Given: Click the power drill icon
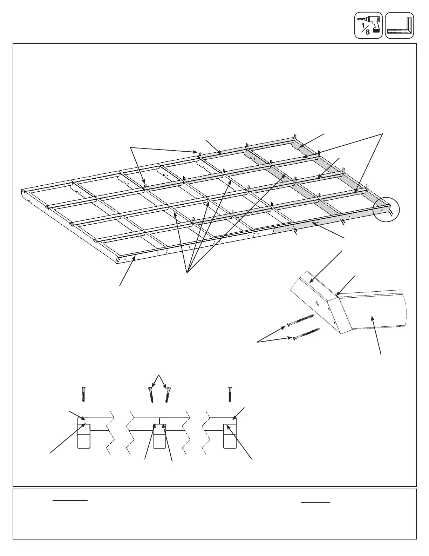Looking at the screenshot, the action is [x=368, y=25].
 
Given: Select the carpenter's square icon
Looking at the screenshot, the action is [x=400, y=25].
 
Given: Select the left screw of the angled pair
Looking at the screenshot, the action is [x=151, y=395].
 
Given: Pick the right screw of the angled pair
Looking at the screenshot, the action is [x=169, y=395].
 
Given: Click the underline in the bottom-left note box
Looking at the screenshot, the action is [x=70, y=501].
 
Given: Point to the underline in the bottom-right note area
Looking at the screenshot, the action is [x=315, y=502].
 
